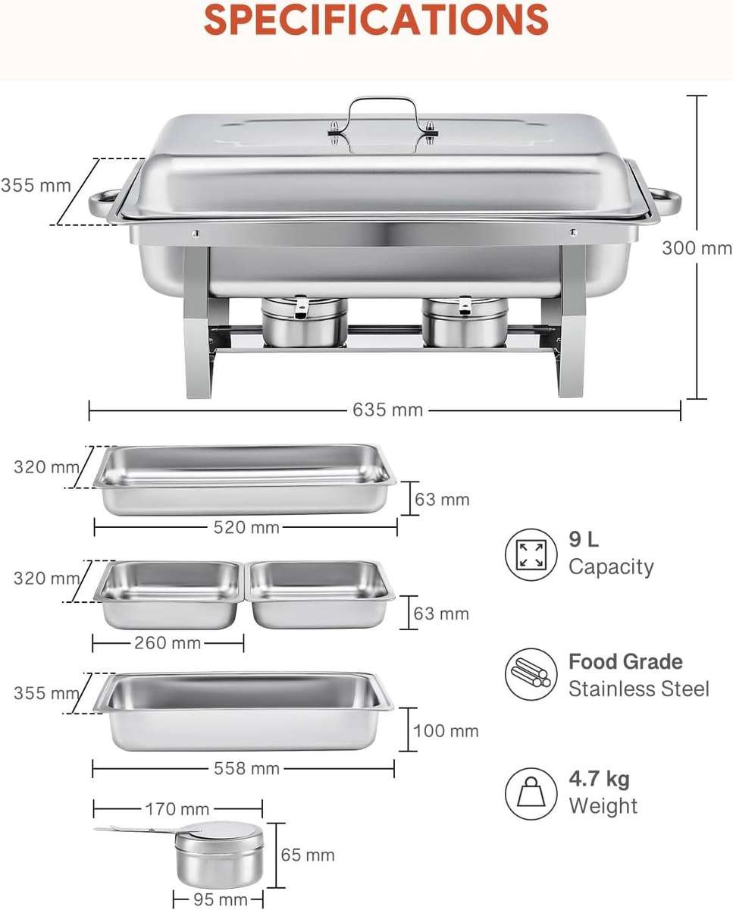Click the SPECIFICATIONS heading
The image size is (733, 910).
(x=376, y=20)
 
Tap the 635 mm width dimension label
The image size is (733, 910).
(x=387, y=410)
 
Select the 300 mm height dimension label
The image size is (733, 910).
(x=697, y=248)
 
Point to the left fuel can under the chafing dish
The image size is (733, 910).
(x=305, y=322)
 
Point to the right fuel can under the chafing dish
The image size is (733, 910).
(x=465, y=322)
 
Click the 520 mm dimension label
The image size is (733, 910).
(x=246, y=527)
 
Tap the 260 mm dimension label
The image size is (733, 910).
(x=167, y=643)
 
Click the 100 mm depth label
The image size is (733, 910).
(x=446, y=731)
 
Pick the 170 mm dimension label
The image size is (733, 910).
(x=176, y=809)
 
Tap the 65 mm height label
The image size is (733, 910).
(x=307, y=855)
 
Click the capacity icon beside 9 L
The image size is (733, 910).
(x=531, y=554)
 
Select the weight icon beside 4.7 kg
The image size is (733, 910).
(x=531, y=793)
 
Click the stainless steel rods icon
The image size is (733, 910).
(x=531, y=674)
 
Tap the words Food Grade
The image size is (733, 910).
(x=625, y=661)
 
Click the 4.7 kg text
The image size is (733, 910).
(x=599, y=779)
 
